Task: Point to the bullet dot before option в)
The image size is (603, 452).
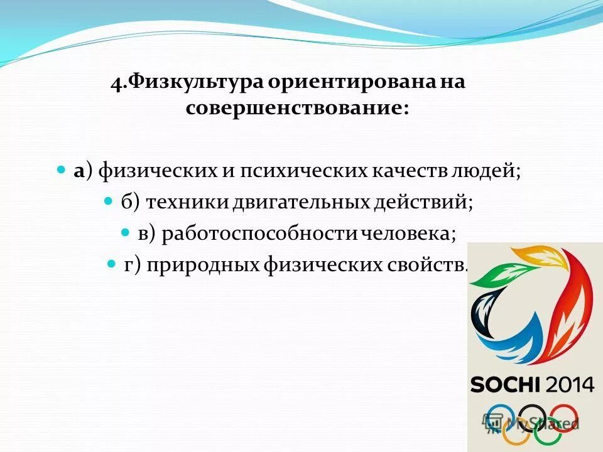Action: (x=124, y=232)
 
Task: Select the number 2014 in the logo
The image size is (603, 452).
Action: (x=569, y=384)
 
